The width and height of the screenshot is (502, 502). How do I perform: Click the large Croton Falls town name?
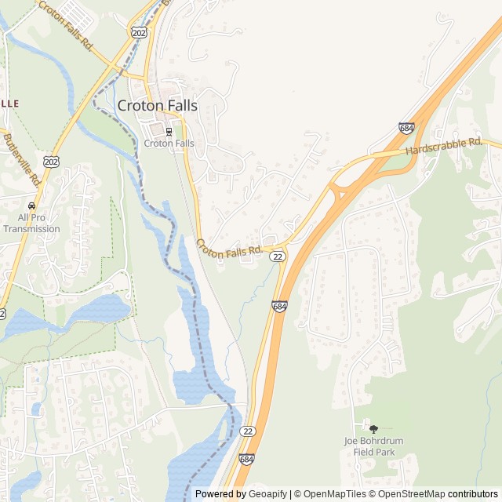(157, 105)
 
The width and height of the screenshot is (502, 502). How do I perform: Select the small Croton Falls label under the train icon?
(169, 144)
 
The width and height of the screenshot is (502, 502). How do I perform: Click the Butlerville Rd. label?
(23, 157)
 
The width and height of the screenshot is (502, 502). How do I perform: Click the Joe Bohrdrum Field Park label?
(373, 446)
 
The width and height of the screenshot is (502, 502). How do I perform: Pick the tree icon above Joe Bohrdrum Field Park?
(373, 429)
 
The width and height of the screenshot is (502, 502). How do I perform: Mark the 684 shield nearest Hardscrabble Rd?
(406, 128)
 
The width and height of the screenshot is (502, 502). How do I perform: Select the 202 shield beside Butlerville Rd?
(52, 162)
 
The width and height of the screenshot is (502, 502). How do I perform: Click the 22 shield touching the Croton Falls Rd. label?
(278, 256)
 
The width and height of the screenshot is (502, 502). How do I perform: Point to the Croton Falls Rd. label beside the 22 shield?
(229, 249)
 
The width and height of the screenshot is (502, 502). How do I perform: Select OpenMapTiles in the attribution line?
(329, 494)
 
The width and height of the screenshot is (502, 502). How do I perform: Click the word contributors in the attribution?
(473, 494)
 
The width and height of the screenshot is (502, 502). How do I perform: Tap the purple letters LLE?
(9, 103)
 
